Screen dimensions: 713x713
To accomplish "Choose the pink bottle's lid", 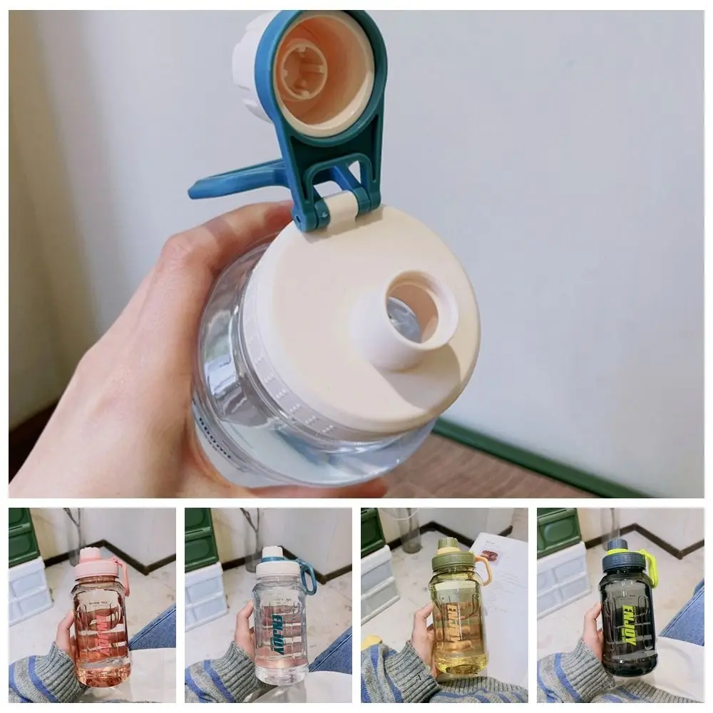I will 96,563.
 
